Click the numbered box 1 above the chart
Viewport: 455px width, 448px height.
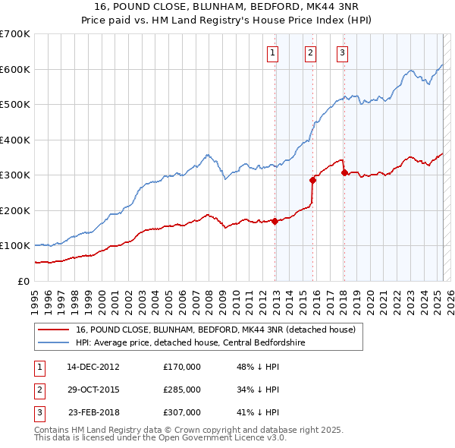(x=272, y=52)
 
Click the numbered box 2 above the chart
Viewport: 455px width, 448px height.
(x=311, y=52)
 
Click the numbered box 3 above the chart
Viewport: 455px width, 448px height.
(x=343, y=52)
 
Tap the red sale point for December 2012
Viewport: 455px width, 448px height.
(x=275, y=221)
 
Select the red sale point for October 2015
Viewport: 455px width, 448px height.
(x=312, y=180)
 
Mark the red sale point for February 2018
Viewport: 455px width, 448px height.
(x=344, y=172)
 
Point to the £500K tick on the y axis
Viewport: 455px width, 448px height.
(x=15, y=104)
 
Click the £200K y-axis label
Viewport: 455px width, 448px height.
(x=15, y=210)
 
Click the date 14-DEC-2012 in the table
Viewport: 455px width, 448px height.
(x=93, y=366)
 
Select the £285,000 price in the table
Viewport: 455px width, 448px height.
(x=182, y=390)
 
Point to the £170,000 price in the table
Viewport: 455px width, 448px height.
(x=182, y=366)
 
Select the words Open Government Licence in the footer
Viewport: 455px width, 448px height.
(x=212, y=437)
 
